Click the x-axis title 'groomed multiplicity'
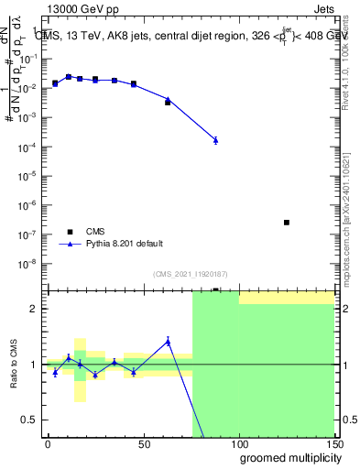click(286, 457)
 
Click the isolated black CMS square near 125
click(287, 223)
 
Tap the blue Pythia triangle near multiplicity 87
click(215, 140)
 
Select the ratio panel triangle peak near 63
click(168, 342)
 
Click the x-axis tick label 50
click(143, 443)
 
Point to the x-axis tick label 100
click(238, 443)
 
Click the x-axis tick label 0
click(48, 443)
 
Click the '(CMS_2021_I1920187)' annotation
click(190, 274)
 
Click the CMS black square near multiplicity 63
click(168, 103)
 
